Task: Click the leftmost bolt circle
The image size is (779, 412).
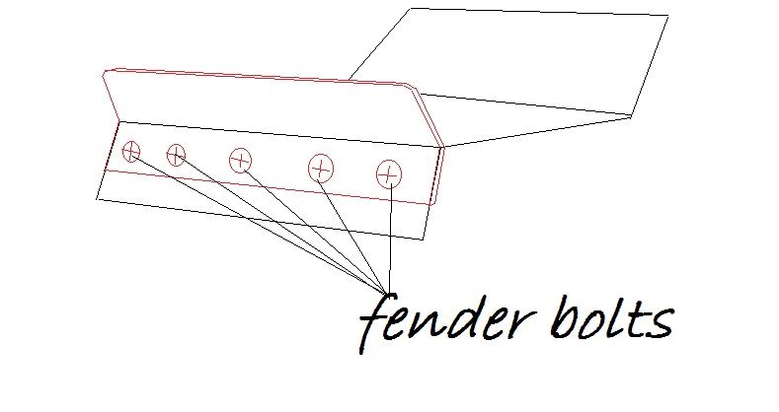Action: click(132, 152)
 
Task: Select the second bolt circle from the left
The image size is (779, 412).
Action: click(177, 154)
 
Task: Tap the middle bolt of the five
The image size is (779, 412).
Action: click(241, 160)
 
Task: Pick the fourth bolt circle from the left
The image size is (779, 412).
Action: click(321, 168)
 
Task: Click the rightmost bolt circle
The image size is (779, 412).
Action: click(390, 175)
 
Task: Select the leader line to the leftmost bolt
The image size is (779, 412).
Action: click(257, 222)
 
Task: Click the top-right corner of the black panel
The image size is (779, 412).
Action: click(666, 17)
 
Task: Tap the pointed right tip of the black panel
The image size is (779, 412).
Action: click(631, 116)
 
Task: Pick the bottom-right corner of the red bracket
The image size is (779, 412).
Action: click(431, 203)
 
